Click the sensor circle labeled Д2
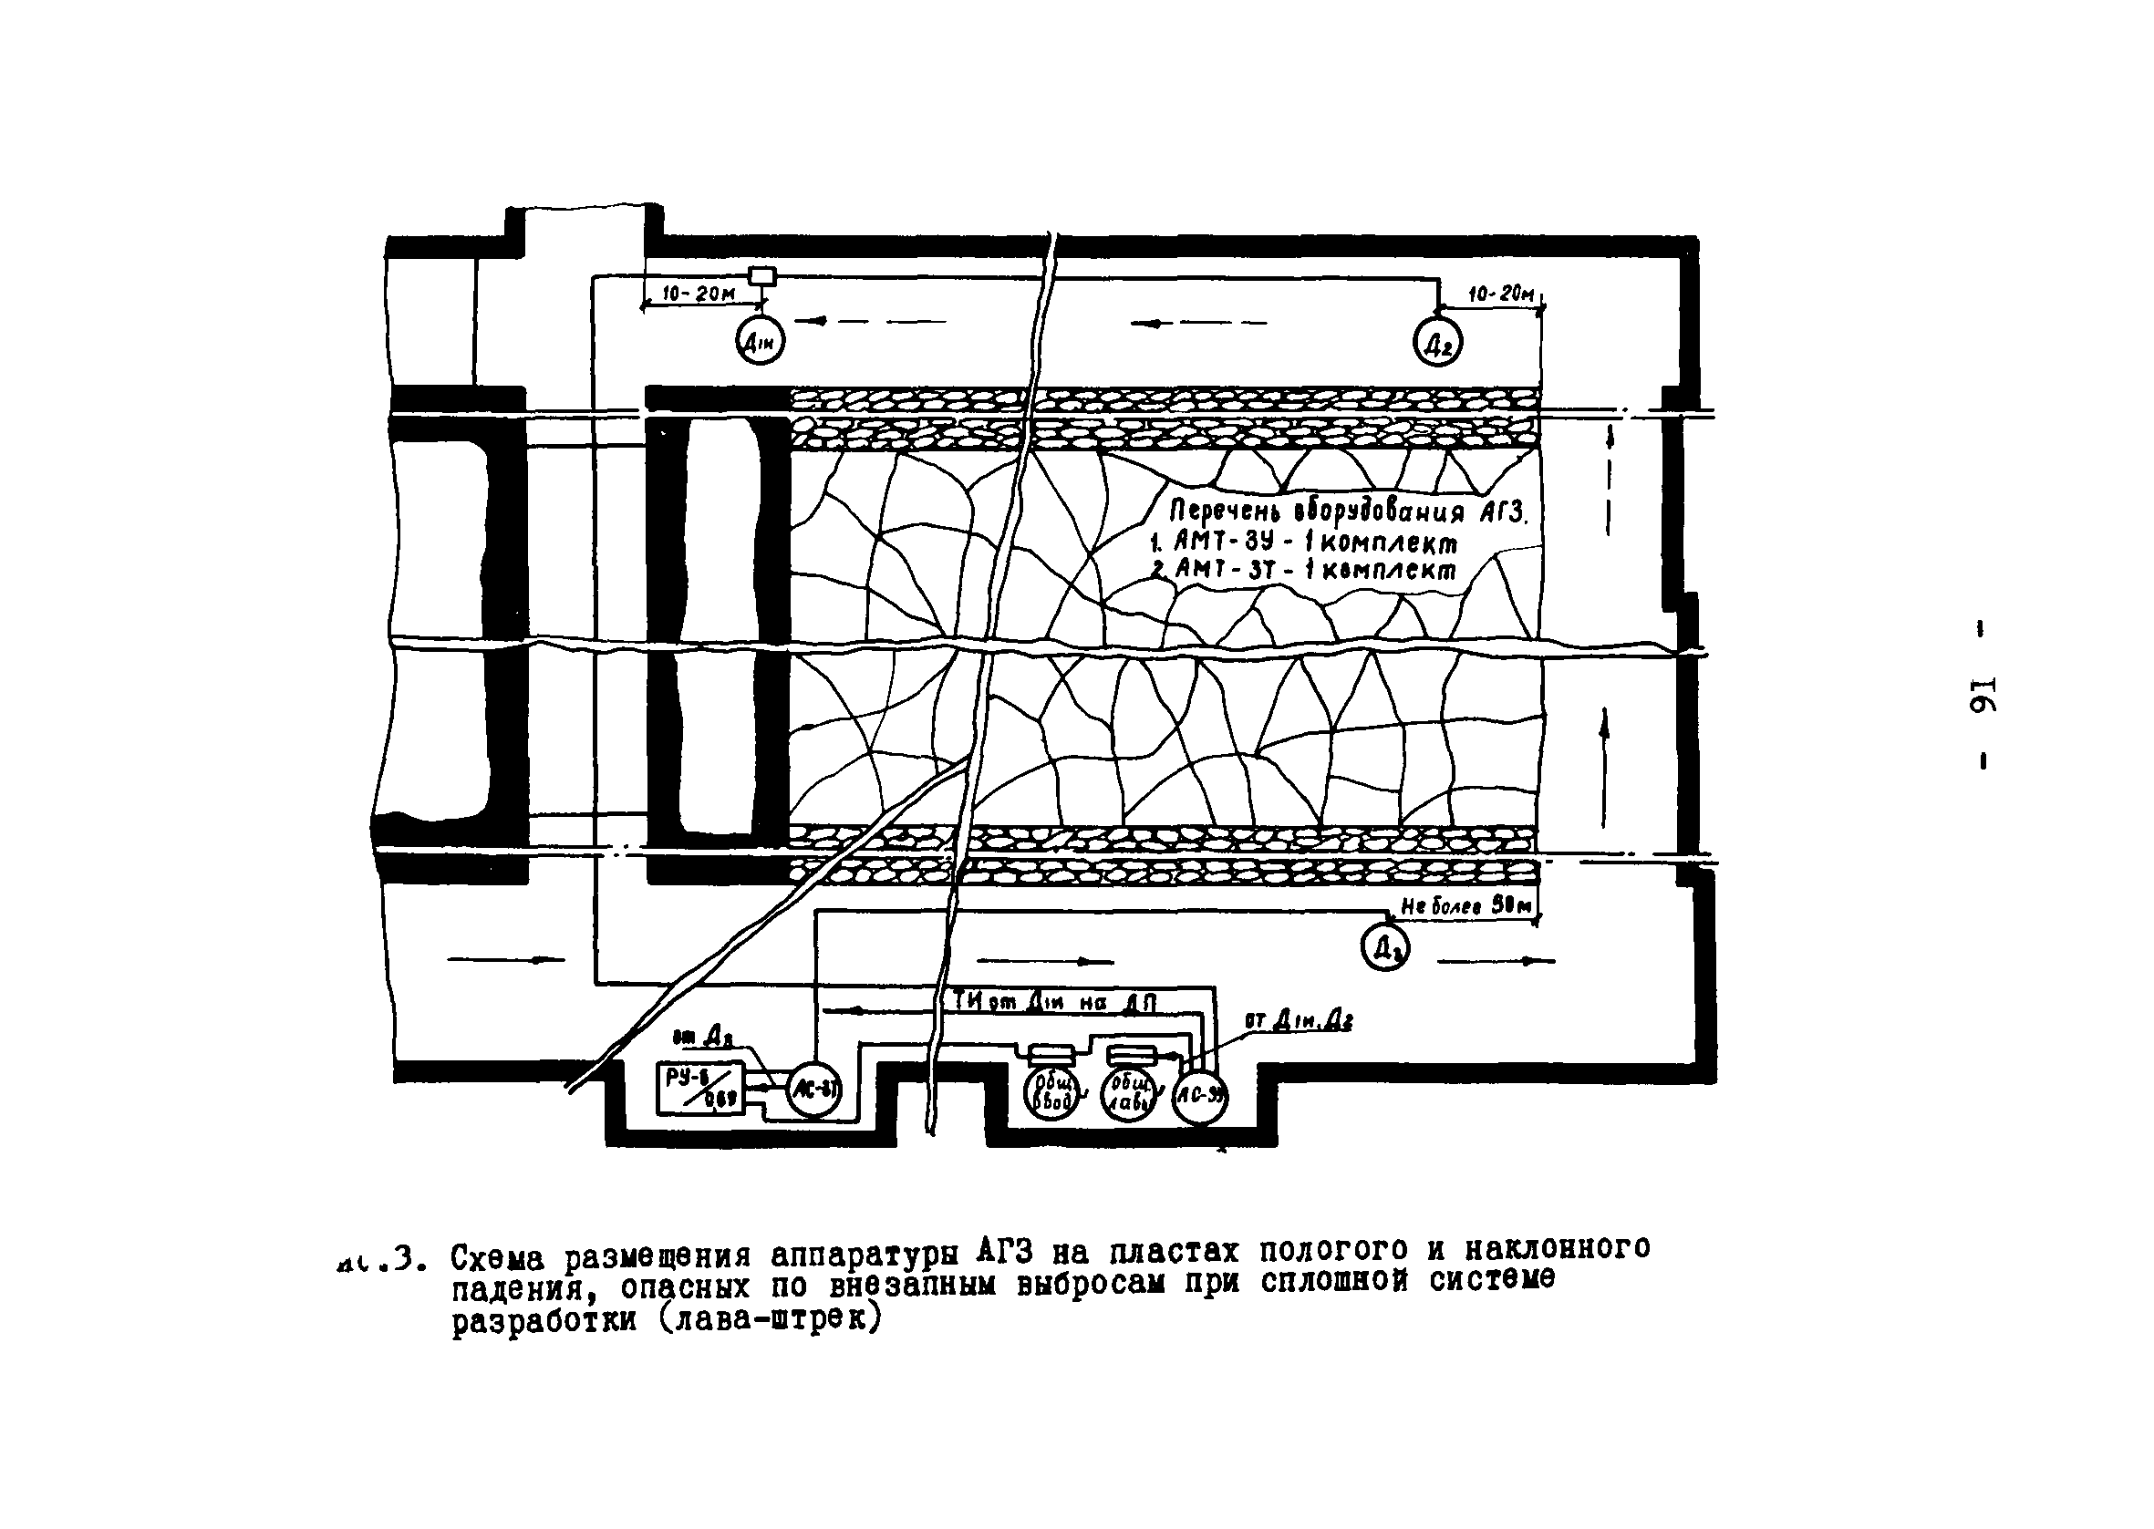click(1437, 343)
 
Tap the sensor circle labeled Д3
click(1386, 948)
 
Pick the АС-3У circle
click(1199, 1095)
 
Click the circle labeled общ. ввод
click(1051, 1094)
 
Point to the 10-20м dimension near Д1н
click(699, 294)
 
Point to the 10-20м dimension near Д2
click(1501, 294)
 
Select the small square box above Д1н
click(761, 276)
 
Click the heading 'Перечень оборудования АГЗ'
click(1345, 512)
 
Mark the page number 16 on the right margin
click(1983, 695)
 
